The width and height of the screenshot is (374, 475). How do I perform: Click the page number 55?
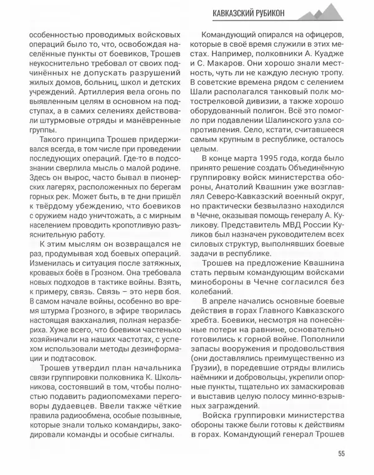[x=341, y=453]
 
